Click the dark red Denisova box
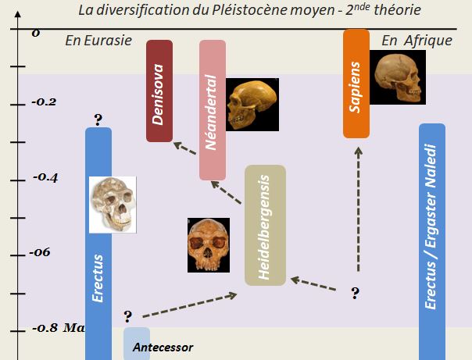(159, 91)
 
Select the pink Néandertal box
(212, 109)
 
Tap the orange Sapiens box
(356, 83)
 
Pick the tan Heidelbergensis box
(265, 225)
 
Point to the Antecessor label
(163, 347)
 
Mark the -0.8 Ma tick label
(56, 327)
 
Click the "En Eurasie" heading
(98, 41)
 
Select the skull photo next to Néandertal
(252, 104)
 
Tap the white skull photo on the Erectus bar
(113, 204)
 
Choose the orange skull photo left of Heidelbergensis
(209, 244)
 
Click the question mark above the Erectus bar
(98, 119)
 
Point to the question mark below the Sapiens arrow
(355, 293)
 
